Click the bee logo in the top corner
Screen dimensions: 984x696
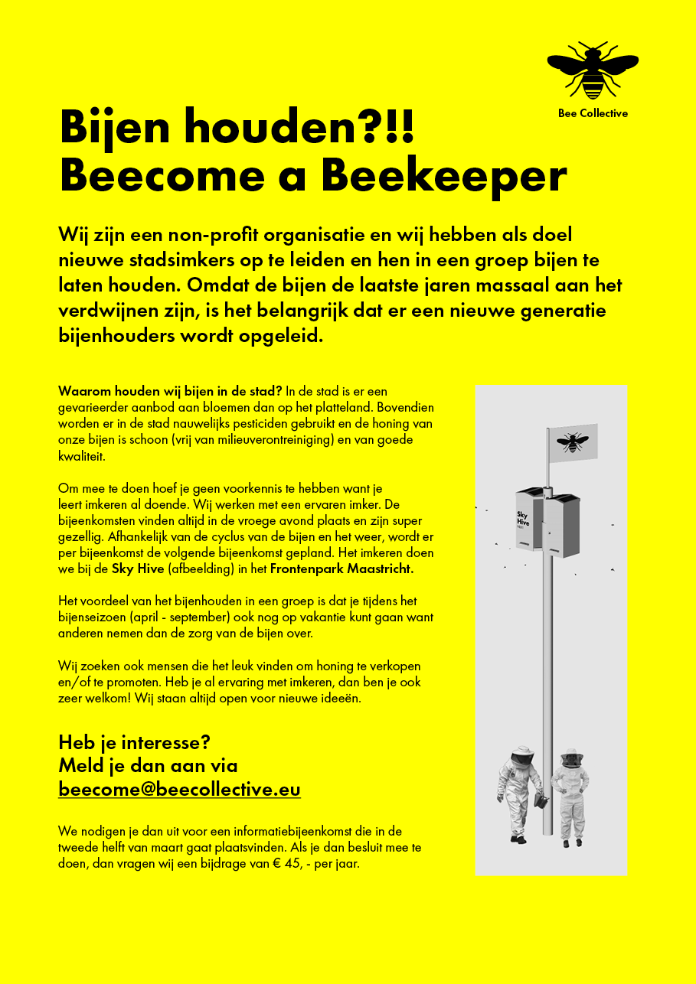[593, 70]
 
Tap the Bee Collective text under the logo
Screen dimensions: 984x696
[593, 113]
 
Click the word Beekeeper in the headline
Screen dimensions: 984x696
[444, 176]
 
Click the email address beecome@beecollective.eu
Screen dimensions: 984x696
[179, 789]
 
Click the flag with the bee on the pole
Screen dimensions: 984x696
[573, 442]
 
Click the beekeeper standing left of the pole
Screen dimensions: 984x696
[521, 796]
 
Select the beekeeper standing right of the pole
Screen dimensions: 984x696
[570, 796]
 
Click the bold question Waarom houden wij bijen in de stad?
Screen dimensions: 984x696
[170, 392]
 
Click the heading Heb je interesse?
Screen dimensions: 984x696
[134, 742]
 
